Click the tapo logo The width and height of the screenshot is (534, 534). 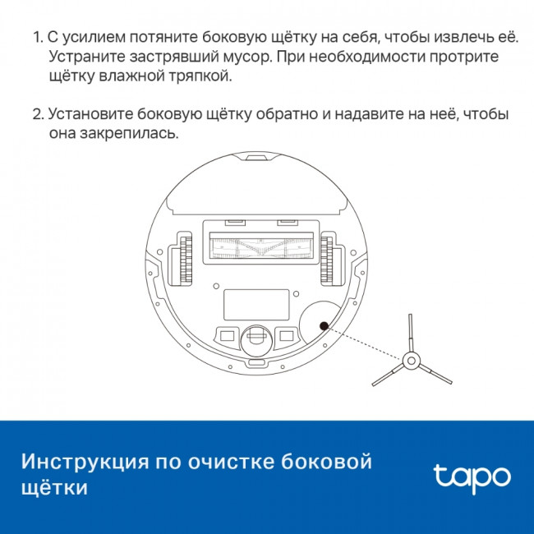coord(472,476)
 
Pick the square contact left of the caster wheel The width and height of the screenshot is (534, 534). coord(224,335)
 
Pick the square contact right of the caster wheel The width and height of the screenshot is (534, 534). coord(287,335)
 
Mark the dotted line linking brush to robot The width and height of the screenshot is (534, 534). coord(366,343)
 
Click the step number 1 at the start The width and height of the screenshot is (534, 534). coord(36,39)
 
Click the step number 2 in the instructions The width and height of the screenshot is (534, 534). coord(36,114)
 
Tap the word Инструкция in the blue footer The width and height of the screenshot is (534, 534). coord(82,462)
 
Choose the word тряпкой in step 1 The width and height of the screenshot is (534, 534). coord(205,76)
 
